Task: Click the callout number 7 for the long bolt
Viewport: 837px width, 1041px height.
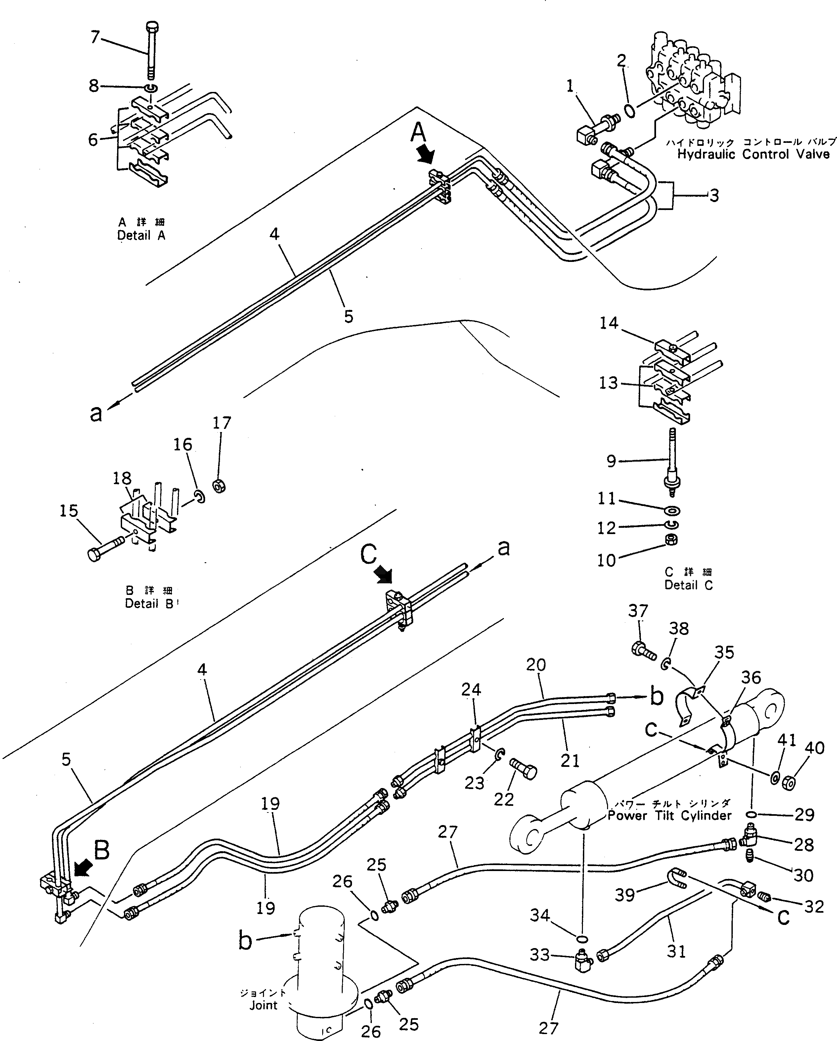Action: [95, 37]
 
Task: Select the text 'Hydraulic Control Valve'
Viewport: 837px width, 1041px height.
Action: [753, 154]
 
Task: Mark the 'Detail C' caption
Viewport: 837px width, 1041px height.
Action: [688, 585]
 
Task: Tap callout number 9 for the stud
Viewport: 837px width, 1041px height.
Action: [611, 461]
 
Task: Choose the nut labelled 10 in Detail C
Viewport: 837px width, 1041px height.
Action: [671, 540]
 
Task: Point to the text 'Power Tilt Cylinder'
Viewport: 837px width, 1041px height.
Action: [669, 815]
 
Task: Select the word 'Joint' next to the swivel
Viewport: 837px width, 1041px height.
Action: [263, 1006]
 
